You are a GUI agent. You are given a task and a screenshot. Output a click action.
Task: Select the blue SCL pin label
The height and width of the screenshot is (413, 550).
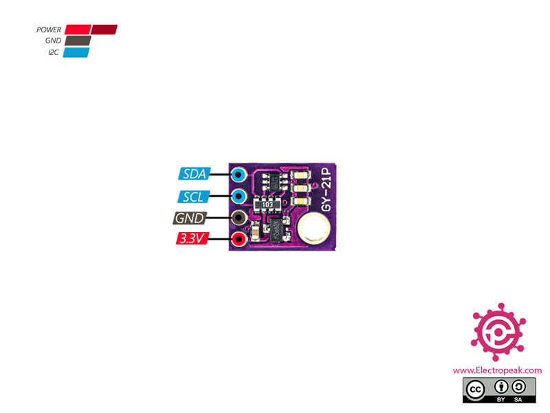point(192,196)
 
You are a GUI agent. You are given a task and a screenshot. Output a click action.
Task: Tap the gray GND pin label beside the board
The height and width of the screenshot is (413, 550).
point(189,218)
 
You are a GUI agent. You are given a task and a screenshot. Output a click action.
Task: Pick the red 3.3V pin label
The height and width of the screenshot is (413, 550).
point(192,240)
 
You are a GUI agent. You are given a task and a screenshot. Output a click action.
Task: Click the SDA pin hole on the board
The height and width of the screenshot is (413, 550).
point(239,173)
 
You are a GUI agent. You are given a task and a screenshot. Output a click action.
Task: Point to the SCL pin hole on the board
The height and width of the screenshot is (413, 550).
point(239,196)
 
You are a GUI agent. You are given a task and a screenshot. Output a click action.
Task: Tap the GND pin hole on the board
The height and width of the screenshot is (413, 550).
point(239,218)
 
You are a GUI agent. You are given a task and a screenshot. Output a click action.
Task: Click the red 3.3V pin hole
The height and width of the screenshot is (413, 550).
point(239,240)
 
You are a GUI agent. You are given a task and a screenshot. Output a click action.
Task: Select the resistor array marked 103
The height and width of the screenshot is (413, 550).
point(268,204)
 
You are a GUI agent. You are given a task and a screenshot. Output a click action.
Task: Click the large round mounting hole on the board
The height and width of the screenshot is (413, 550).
point(313,228)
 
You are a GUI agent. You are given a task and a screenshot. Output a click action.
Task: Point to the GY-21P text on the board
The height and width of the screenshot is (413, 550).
point(328,190)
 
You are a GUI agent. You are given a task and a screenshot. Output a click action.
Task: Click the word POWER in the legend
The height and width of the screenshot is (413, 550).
point(49,30)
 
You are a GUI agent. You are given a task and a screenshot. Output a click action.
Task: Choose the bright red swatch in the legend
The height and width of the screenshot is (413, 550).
point(78,30)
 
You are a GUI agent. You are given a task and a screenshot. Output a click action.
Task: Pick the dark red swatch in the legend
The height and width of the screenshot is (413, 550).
point(104,30)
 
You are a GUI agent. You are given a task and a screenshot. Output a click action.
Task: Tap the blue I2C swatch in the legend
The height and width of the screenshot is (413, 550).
point(76,52)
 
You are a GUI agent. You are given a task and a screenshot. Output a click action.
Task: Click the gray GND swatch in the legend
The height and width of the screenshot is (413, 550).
point(77,41)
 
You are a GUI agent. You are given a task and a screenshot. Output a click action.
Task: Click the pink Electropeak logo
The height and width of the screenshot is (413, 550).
point(498,331)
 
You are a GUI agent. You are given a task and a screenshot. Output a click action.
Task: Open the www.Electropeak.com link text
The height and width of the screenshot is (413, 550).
point(497,370)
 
